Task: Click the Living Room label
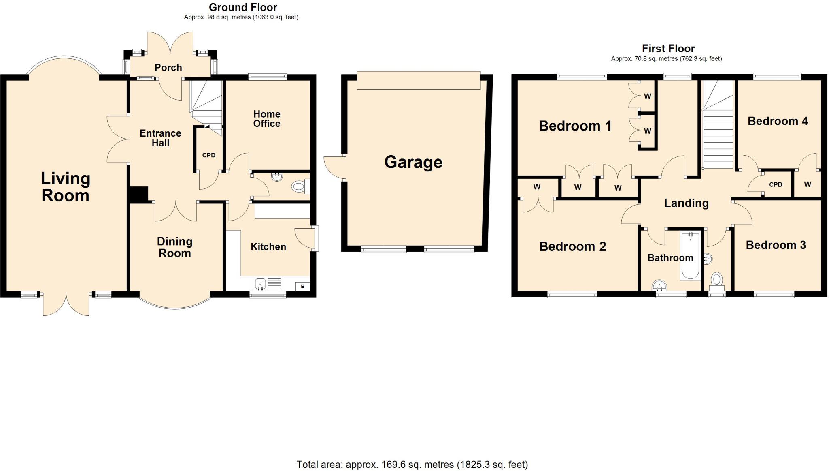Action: (x=65, y=187)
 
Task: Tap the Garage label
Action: (x=413, y=162)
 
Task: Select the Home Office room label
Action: (x=267, y=119)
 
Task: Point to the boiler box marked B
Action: (x=302, y=287)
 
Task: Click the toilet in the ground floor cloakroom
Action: (x=299, y=187)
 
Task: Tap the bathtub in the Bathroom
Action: (x=690, y=256)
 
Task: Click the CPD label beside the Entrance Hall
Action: (x=209, y=155)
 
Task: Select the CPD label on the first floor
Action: (x=776, y=185)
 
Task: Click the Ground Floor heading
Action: (x=243, y=7)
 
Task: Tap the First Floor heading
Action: (x=668, y=49)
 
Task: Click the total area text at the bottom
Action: (x=412, y=465)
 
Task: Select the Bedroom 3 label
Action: (x=776, y=245)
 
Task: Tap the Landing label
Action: (x=686, y=203)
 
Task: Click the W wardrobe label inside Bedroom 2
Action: (x=537, y=187)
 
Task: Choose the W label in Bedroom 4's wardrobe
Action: (x=807, y=184)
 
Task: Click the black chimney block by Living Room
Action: (x=138, y=194)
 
